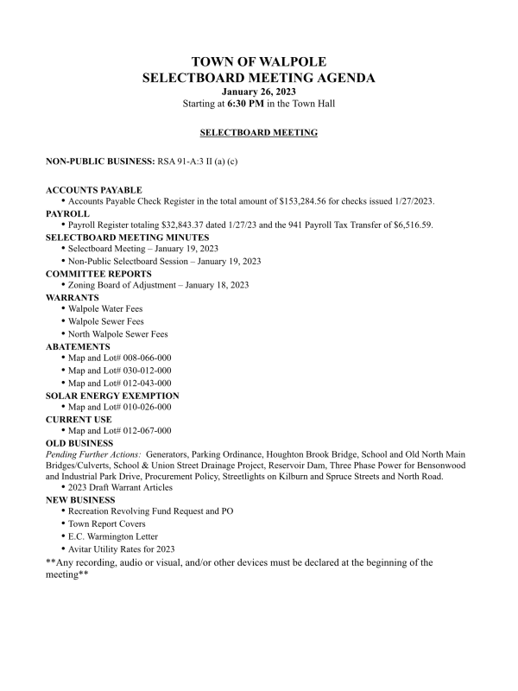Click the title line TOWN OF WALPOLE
[x=259, y=62]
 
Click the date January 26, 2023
[x=258, y=92]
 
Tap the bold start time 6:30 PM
[x=245, y=104]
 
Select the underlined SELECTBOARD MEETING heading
[x=258, y=133]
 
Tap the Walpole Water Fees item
[x=105, y=309]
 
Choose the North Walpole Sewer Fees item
[x=118, y=333]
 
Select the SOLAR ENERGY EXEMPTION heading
[x=112, y=395]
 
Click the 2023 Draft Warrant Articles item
[x=126, y=488]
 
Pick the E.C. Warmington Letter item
[x=117, y=536]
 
